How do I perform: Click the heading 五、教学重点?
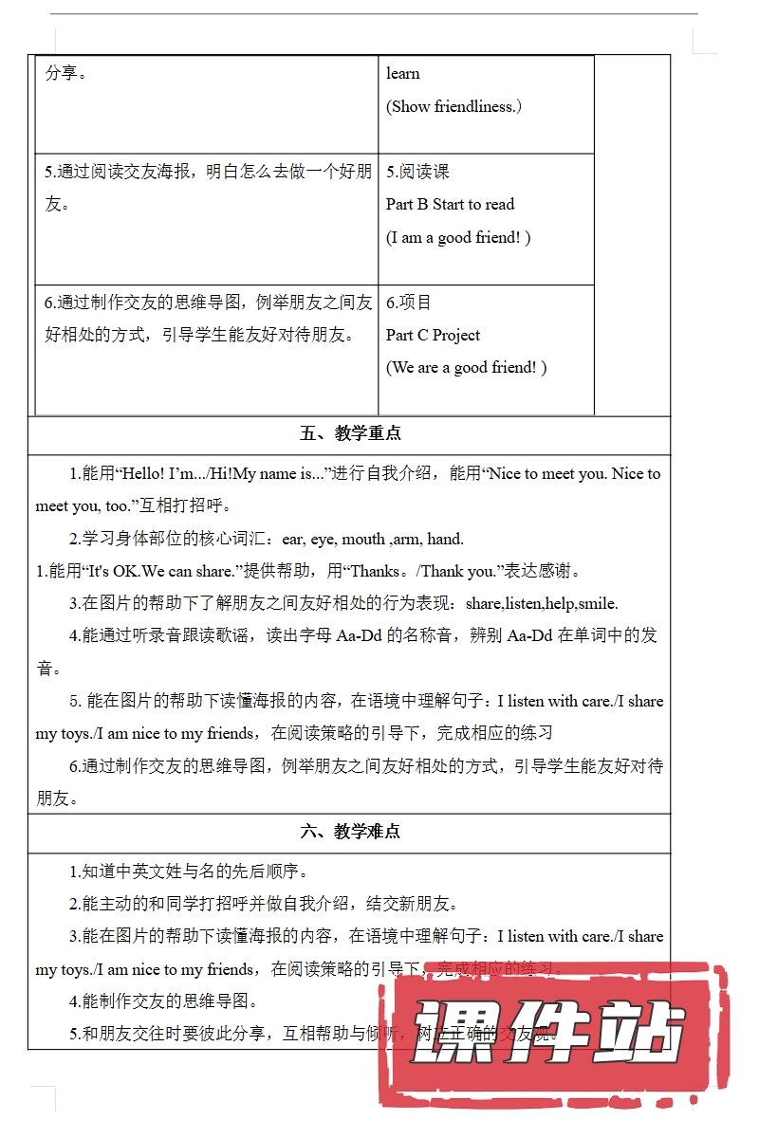tap(350, 434)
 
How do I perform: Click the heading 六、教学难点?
tap(350, 832)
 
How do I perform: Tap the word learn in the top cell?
tap(403, 73)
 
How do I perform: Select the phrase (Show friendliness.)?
tap(454, 106)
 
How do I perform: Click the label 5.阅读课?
tap(417, 172)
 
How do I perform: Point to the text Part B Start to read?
tap(450, 204)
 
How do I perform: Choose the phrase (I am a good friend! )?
tap(458, 237)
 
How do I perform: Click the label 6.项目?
tap(409, 303)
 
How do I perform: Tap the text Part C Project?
tap(433, 335)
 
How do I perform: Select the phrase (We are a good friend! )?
tap(466, 367)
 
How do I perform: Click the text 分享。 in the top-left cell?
tap(66, 73)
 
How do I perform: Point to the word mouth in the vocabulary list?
tap(363, 539)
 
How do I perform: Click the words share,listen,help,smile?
tap(542, 603)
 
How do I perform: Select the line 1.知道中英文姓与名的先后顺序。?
tap(189, 872)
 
